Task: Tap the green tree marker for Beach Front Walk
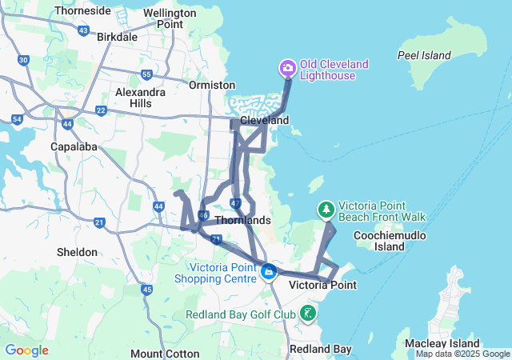tap(326, 210)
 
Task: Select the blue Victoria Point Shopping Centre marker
tap(270, 274)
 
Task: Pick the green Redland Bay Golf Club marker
tap(309, 314)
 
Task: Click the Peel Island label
tap(425, 55)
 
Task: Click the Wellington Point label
tap(169, 18)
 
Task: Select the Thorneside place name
tap(83, 11)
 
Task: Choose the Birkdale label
tap(117, 37)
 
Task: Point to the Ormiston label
tap(212, 85)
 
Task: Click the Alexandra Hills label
tap(134, 98)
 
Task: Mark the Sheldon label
tap(77, 252)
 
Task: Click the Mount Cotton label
tap(158, 354)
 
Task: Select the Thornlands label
tap(243, 220)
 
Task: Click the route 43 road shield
tap(84, 30)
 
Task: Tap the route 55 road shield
tap(146, 74)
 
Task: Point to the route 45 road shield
tap(146, 290)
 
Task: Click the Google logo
tap(26, 350)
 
